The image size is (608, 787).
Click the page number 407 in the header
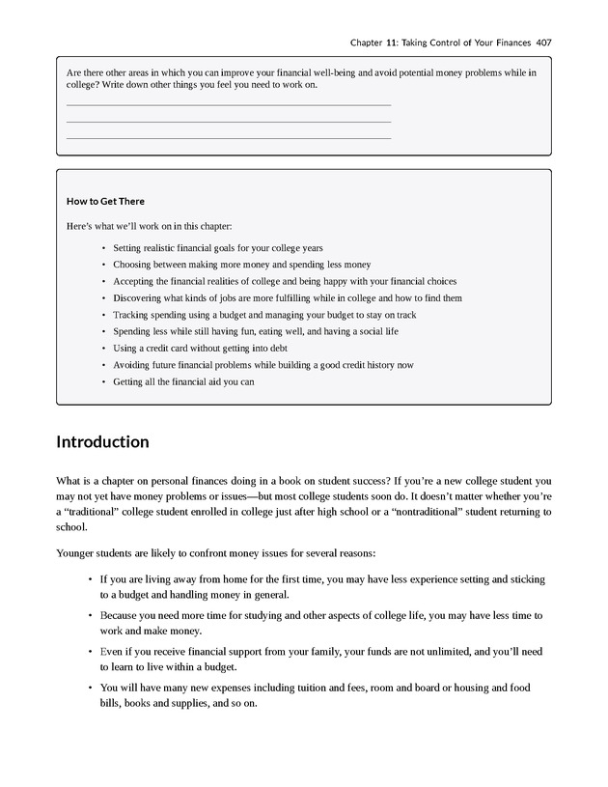tap(540, 42)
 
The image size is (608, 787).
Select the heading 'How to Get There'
tap(105, 201)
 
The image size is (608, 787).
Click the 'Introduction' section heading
tap(102, 442)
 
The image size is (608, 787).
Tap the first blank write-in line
tap(228, 104)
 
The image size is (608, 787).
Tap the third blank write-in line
tap(228, 138)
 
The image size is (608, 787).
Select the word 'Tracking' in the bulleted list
tap(131, 315)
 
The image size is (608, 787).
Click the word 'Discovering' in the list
tap(138, 298)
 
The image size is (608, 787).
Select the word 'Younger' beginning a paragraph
tap(75, 554)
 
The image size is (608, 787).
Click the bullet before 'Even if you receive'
tap(89, 651)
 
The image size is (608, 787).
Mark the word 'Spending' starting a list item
tap(133, 331)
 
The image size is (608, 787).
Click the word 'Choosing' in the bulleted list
tap(133, 265)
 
